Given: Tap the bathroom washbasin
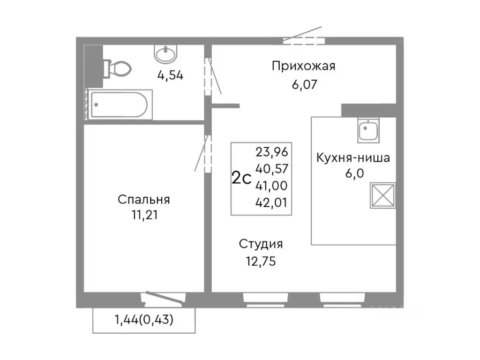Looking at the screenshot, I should (x=165, y=54).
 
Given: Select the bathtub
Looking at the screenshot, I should (x=120, y=105).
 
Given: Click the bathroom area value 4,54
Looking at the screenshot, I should (x=170, y=75).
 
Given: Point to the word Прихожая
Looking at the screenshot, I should (x=304, y=66).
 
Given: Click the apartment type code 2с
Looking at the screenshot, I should (x=242, y=178).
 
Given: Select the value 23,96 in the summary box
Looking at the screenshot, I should (x=272, y=152).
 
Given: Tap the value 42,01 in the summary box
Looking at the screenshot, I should (x=272, y=202).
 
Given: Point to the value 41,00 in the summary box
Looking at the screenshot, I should (x=272, y=186).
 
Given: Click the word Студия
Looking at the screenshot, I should (x=261, y=244).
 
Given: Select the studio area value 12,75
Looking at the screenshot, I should (x=261, y=261).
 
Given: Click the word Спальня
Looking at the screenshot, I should (x=143, y=200).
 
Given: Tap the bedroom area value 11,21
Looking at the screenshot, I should (x=143, y=216).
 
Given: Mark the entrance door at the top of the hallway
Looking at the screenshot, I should (x=304, y=39).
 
